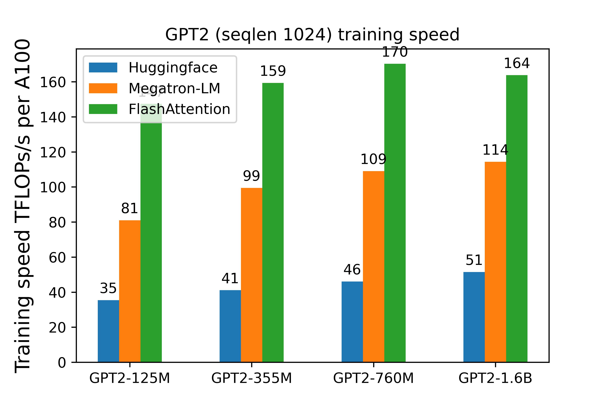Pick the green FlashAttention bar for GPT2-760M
click(395, 213)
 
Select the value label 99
click(251, 176)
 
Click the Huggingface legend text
click(173, 68)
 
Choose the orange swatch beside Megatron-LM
click(103, 88)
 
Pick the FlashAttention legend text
click(179, 109)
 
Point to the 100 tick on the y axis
click(53, 187)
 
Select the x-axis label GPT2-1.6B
click(495, 378)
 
